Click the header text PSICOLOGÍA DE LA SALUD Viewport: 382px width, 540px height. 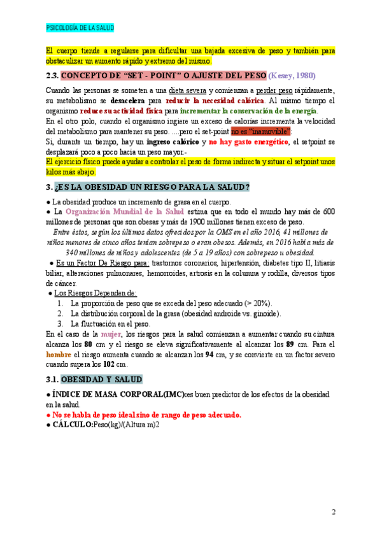click(x=80, y=28)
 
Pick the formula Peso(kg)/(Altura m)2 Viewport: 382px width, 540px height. click(x=127, y=424)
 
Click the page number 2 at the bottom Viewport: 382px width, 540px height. click(x=334, y=511)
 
